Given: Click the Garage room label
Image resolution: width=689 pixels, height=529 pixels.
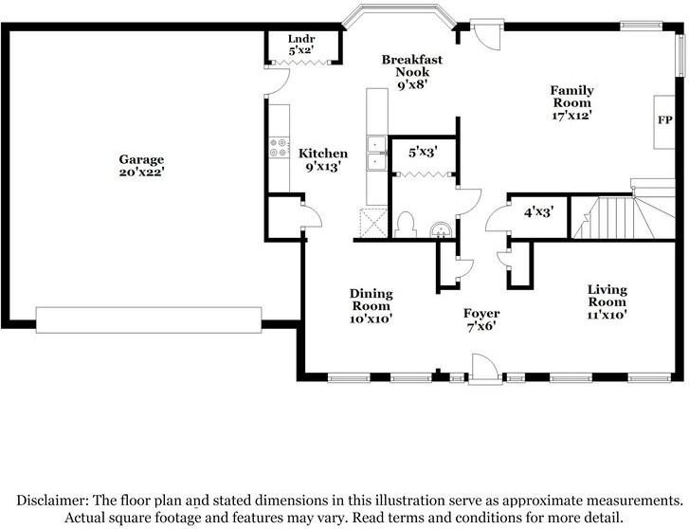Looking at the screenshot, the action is tap(141, 159).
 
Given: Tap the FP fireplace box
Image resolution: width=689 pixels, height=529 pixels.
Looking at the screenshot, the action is tap(664, 121).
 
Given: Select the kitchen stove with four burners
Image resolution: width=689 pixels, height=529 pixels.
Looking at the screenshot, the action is tap(279, 147).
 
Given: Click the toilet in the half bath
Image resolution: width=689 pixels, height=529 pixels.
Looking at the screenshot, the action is tap(405, 225).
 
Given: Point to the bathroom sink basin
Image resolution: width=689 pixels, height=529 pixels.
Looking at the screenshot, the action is tap(441, 230).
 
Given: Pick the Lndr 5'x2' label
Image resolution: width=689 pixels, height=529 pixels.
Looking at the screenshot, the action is tap(301, 45).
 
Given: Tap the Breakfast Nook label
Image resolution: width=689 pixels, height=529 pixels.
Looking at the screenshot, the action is tap(412, 65).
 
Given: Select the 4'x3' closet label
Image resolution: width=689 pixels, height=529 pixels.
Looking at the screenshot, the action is tap(538, 212).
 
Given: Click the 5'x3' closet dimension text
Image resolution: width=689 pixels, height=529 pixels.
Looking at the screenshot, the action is tap(422, 152).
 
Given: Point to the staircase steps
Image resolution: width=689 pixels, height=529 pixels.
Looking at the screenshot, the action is tap(623, 217).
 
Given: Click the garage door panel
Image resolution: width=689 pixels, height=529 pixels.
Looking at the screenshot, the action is tap(149, 320).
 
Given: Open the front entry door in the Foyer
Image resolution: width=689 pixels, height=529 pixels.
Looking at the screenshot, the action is tap(484, 369).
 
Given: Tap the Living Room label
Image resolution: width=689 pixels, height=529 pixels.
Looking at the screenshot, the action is tap(607, 296).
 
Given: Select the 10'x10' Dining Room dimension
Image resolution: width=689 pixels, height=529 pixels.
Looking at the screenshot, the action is tap(371, 319).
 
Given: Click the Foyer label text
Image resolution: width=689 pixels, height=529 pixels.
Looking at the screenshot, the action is tap(481, 314).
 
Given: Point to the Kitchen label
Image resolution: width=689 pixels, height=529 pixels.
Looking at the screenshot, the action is tap(323, 154).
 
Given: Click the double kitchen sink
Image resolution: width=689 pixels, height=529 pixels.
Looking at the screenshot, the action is tap(376, 153).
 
